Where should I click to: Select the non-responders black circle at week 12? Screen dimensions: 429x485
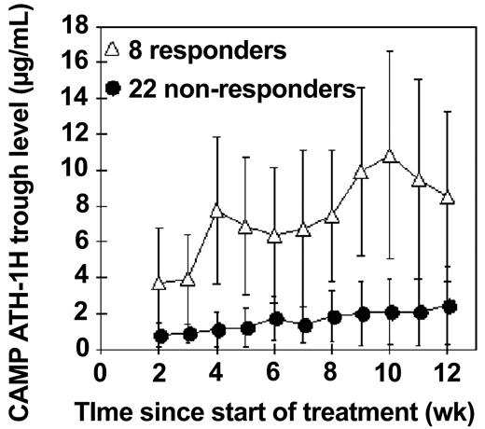[x=449, y=306]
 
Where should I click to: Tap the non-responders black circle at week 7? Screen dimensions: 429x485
[x=304, y=325]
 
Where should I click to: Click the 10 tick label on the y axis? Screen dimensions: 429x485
[x=74, y=170]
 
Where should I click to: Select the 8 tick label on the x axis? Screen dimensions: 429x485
[x=333, y=371]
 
